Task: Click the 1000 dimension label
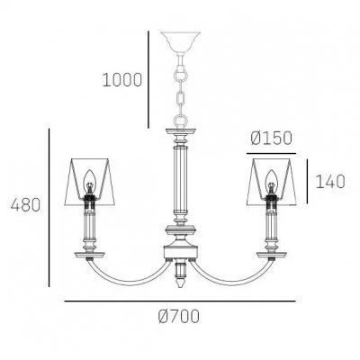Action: coord(121,80)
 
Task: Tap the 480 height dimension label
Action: coord(25,206)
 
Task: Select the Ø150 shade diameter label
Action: coord(271,139)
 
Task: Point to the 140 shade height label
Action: coord(330,182)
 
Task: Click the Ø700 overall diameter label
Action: coord(179,316)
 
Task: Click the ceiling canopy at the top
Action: coord(180,41)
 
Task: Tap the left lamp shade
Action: coord(90,181)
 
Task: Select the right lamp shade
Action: coord(272,181)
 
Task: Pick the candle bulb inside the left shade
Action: coord(89,181)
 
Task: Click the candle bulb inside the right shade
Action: coord(271,181)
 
